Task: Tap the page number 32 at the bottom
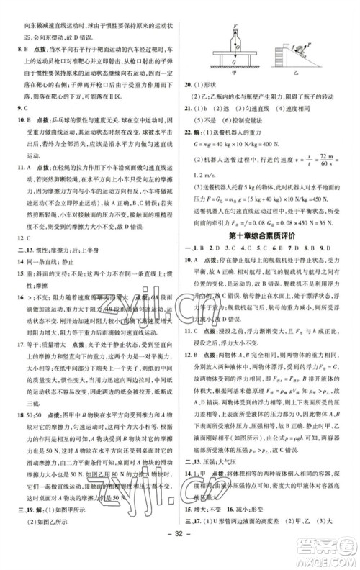tap(180, 553)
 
